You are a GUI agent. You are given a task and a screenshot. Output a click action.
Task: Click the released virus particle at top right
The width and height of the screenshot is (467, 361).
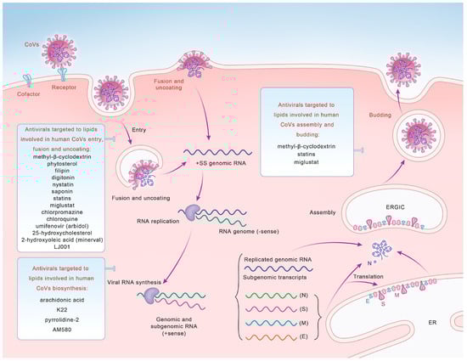(414, 62)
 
